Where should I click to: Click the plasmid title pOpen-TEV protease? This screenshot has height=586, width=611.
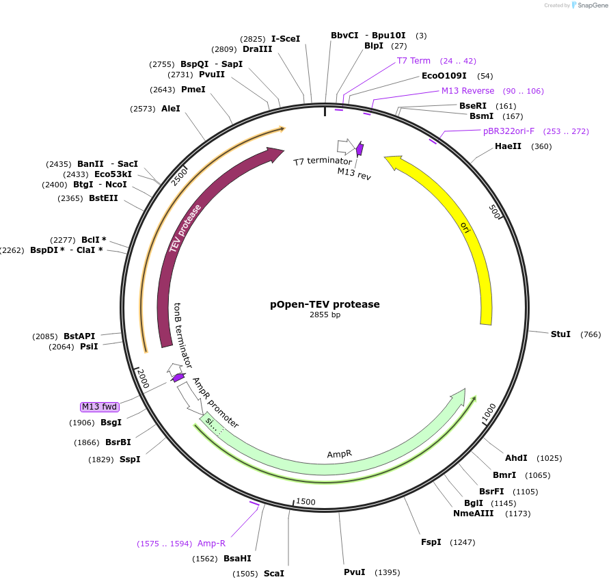[325, 304]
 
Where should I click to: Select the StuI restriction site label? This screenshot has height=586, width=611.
[560, 334]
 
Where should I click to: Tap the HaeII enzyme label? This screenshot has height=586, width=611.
[508, 146]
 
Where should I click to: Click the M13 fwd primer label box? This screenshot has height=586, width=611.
[100, 407]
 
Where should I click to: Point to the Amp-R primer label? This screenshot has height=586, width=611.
[211, 544]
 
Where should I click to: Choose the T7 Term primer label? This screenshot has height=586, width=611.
[413, 61]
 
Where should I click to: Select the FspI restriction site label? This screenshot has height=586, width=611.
[431, 542]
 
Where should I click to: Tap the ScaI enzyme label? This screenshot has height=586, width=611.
[273, 573]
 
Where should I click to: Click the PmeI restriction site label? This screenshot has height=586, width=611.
[193, 90]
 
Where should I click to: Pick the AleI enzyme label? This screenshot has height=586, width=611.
[171, 109]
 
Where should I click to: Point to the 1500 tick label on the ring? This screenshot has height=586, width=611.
[305, 502]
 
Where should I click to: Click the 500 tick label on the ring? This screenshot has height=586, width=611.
[495, 211]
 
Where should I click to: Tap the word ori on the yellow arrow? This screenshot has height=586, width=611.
[465, 227]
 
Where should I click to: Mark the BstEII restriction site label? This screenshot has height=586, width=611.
[103, 198]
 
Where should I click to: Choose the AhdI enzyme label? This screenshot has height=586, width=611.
[516, 457]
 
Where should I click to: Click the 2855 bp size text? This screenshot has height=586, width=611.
[325, 315]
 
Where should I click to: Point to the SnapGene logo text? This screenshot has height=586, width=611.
[592, 5]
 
